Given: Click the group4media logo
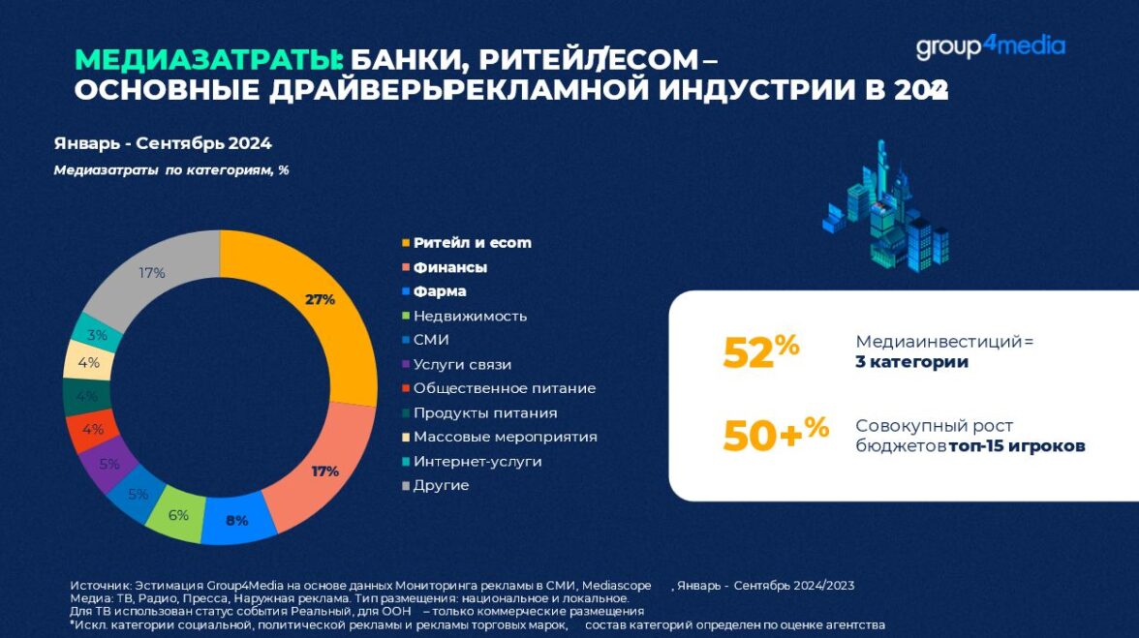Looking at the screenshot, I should [990, 46].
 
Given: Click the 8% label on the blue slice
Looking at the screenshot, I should [236, 520].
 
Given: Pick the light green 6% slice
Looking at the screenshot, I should [177, 514].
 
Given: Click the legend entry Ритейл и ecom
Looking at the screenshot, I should [472, 243].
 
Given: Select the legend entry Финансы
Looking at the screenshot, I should [449, 267].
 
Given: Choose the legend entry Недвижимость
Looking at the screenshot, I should [470, 316].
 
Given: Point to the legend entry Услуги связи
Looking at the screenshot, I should [462, 364].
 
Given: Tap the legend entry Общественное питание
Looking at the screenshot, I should [504, 388].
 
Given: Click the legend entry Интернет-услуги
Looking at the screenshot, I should [477, 461].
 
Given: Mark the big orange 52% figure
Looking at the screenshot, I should [760, 352].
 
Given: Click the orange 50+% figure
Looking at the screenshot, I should [775, 436].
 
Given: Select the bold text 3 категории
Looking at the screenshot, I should [911, 362].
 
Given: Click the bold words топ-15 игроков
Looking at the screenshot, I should [1017, 446].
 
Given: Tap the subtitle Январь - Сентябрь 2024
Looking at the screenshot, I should [163, 143].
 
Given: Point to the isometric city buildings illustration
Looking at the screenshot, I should [883, 207].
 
